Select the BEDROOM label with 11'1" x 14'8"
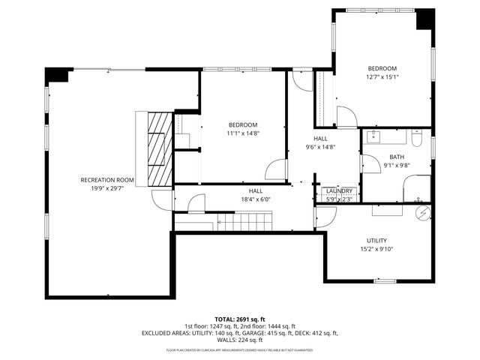click(243, 124)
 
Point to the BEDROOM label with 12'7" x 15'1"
click(381, 67)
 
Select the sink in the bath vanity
click(375, 136)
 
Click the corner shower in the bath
click(417, 188)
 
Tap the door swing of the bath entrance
click(369, 164)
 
